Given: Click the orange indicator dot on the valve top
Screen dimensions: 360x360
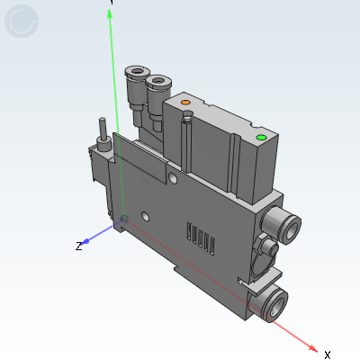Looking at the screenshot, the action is pyautogui.click(x=186, y=103).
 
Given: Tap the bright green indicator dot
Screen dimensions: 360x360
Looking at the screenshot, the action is pyautogui.click(x=261, y=138).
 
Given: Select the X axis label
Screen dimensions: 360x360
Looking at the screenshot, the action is pyautogui.click(x=328, y=355).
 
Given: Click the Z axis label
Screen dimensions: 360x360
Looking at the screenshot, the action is pyautogui.click(x=78, y=247).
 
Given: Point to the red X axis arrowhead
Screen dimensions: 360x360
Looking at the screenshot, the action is pyautogui.click(x=312, y=348).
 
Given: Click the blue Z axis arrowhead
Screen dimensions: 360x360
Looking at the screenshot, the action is pyautogui.click(x=85, y=241).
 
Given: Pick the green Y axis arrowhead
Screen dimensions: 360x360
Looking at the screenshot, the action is pyautogui.click(x=110, y=13).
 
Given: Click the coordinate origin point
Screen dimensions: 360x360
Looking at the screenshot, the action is pyautogui.click(x=124, y=219).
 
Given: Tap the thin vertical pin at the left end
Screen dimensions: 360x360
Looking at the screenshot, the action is pyautogui.click(x=103, y=129).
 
